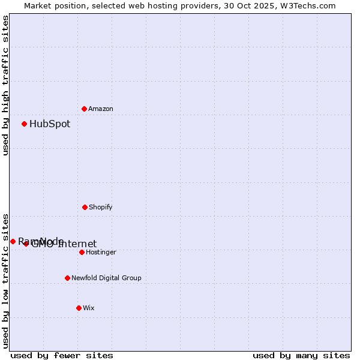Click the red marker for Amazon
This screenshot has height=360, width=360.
pos(84,109)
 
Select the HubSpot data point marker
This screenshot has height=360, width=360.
pos(24,124)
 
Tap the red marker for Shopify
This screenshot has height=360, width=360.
pos(85,207)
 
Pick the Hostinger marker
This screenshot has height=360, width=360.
pos(82,252)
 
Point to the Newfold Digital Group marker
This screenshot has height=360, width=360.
pos(67,278)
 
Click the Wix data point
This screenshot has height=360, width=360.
pos(79,308)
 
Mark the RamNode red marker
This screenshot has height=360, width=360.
pos(13,241)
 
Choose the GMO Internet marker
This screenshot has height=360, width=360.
pos(26,244)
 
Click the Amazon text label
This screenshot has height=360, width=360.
pos(101,109)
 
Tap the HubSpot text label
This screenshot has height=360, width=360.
pos(50,124)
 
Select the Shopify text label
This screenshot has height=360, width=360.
pos(101,207)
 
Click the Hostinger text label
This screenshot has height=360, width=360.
pos(101,252)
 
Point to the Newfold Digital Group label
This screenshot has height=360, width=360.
pos(106,278)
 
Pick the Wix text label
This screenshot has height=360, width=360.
pos(89,308)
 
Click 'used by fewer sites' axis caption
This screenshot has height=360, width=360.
pos(62,355)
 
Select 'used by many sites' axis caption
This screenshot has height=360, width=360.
pos(301,355)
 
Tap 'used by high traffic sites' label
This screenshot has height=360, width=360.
pos(5,85)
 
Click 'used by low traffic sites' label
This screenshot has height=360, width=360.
pos(5,280)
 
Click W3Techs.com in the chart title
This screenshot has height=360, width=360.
pos(310,5)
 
